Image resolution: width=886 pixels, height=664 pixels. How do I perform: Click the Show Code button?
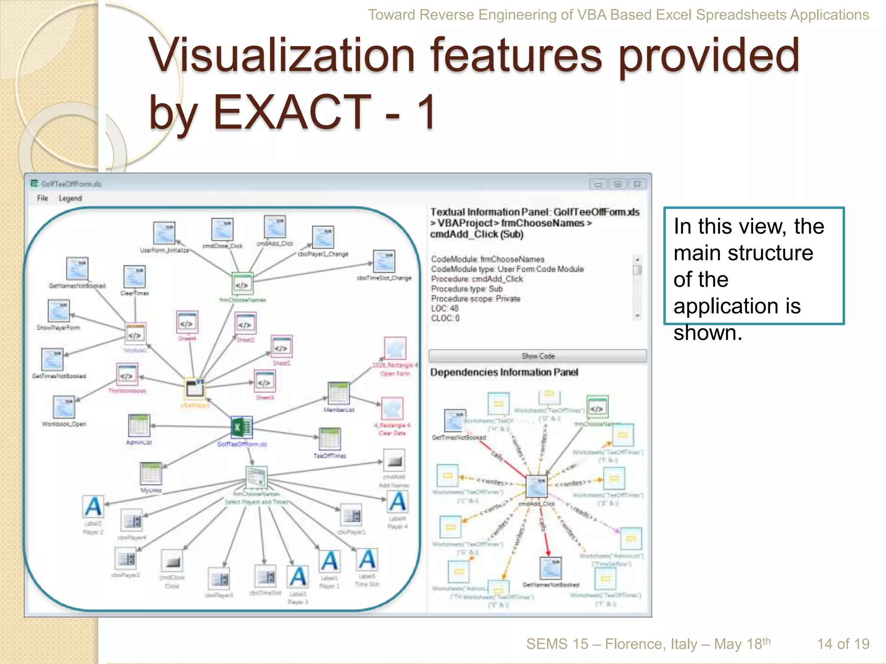coord(537,356)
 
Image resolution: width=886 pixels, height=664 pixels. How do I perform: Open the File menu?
coord(42,198)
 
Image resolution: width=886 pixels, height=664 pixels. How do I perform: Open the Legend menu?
coord(70,198)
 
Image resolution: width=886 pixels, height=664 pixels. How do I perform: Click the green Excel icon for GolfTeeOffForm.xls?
coord(241,428)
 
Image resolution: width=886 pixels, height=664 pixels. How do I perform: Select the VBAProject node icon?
coord(195,388)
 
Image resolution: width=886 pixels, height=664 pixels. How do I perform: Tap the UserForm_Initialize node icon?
coord(164,233)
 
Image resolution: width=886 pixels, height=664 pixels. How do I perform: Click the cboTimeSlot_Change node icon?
coord(384,261)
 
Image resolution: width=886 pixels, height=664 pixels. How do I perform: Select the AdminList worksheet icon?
coord(139,425)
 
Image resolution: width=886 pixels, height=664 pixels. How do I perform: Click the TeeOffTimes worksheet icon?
coord(330,439)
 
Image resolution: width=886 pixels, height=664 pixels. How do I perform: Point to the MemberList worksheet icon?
coord(338,393)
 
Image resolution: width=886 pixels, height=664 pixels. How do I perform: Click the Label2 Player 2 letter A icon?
coord(93,507)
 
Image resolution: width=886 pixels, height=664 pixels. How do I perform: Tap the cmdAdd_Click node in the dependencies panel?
coord(536,486)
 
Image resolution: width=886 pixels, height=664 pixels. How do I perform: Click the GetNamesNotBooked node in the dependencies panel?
coord(551,568)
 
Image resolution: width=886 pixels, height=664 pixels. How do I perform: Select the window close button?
coord(637,184)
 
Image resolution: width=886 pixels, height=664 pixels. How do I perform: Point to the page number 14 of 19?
coord(843,644)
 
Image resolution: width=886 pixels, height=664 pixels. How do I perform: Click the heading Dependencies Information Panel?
coord(504,372)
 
